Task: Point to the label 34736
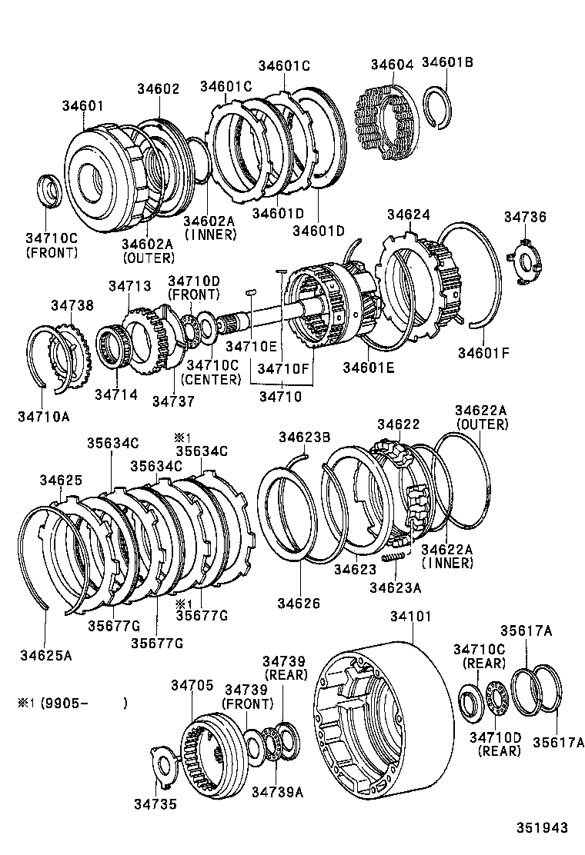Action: [525, 218]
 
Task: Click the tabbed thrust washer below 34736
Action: [525, 263]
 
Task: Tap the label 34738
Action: [72, 305]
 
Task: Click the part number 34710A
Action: [43, 417]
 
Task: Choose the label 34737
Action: [173, 401]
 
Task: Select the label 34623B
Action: [304, 437]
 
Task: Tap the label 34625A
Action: [46, 655]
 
